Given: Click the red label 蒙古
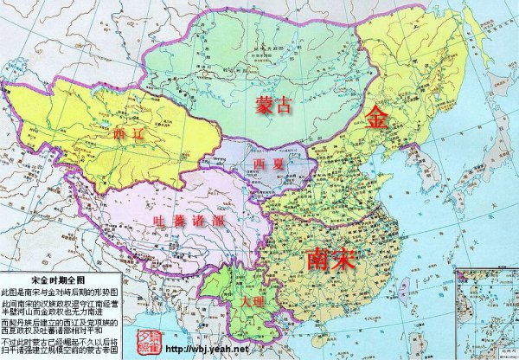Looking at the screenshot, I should coord(274,105).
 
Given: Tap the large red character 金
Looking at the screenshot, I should coord(377,118).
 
